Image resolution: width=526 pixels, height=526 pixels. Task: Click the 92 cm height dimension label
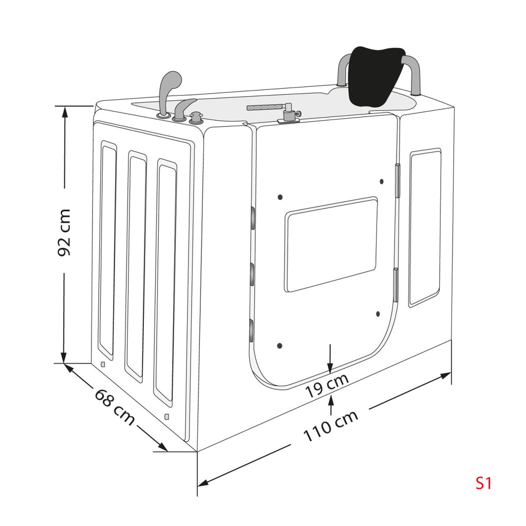64,233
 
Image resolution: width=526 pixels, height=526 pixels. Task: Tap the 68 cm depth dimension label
115,407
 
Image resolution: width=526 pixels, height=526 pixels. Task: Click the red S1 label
483,483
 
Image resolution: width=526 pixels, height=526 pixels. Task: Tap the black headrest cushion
377,76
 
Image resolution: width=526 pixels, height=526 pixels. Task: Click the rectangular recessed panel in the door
331,244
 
